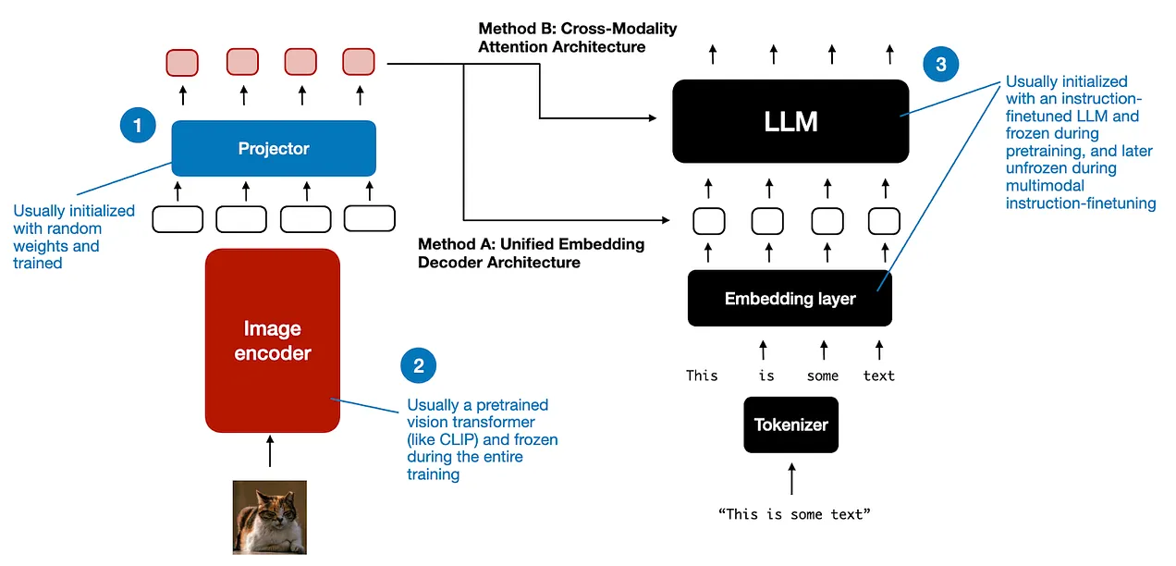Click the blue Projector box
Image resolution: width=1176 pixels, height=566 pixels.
point(274,148)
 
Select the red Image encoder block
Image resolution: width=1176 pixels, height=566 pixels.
point(272,340)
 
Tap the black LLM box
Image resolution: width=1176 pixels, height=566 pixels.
point(790,121)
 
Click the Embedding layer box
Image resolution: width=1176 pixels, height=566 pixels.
point(790,299)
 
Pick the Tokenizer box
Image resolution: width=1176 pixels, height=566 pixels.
point(790,425)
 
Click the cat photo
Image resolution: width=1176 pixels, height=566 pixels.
point(269,517)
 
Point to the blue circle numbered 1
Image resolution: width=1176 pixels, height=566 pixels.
point(138,125)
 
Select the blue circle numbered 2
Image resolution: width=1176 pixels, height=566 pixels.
point(418,365)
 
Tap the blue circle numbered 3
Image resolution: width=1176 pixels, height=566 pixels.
point(940,64)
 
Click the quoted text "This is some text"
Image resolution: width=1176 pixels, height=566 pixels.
point(793,513)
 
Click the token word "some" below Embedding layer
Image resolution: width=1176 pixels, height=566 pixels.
point(822,375)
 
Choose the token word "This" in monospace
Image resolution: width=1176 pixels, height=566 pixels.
point(702,375)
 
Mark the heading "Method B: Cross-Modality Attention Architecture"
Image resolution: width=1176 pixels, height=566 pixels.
point(578,37)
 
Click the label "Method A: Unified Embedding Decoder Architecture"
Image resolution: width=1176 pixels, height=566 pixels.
point(531,253)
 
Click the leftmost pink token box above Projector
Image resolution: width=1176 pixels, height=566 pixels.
point(182,62)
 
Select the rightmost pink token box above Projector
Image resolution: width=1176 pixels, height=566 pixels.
point(358,62)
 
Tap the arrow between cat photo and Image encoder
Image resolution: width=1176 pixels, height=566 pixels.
point(270,451)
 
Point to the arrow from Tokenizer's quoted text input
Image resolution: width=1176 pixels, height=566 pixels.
point(790,478)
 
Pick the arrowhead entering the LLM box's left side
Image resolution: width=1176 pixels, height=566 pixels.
point(653,118)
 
